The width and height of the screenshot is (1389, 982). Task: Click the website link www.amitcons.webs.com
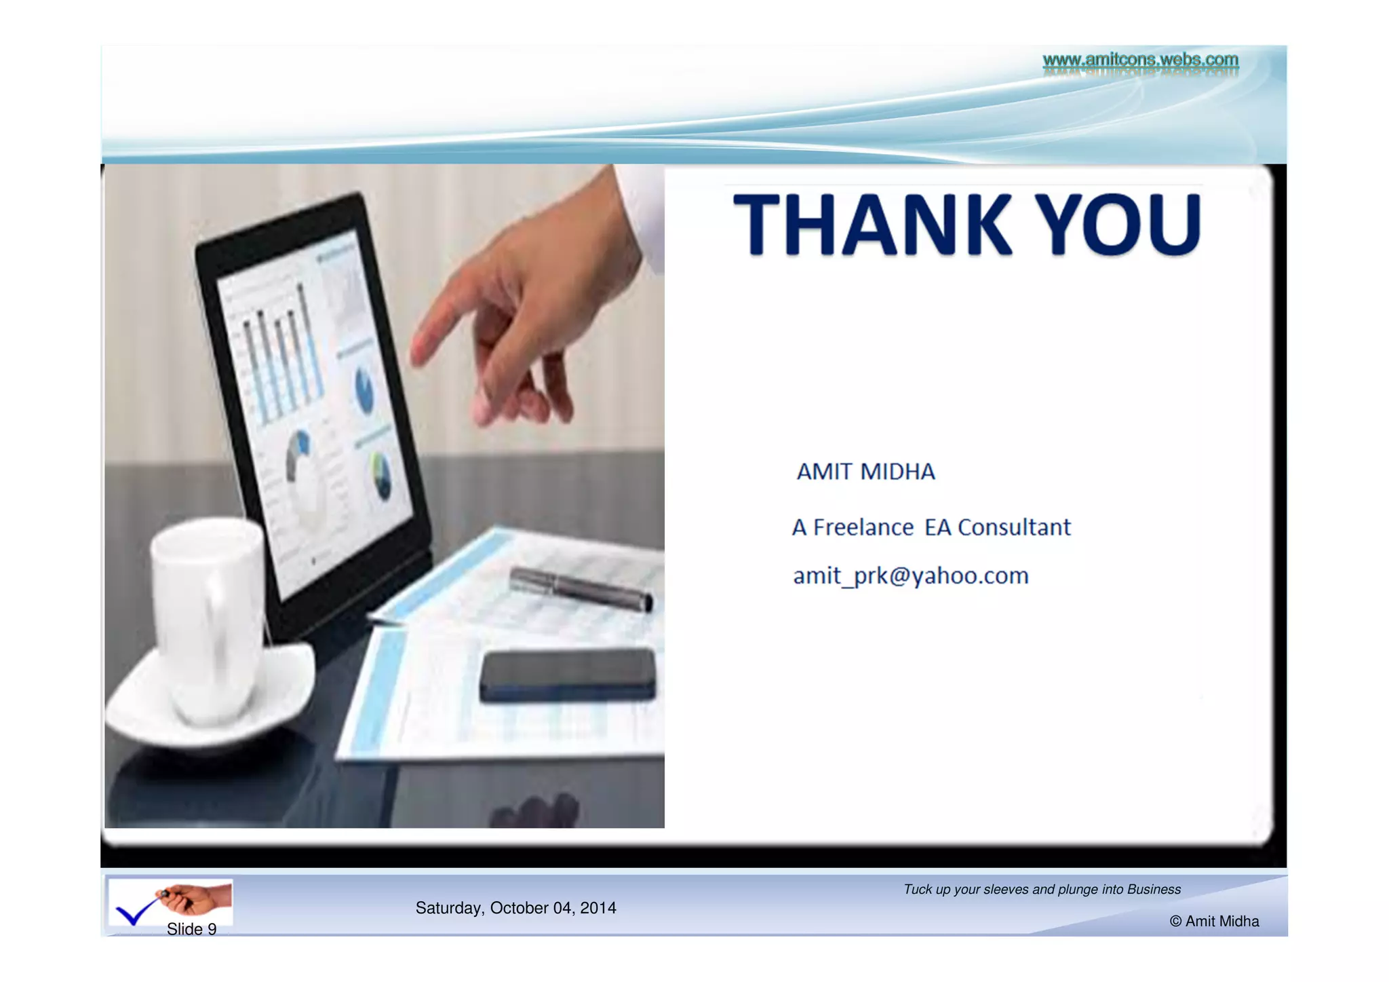(x=1140, y=60)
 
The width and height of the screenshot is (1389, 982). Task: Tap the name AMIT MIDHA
(x=865, y=472)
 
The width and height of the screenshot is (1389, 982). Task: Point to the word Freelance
(x=863, y=527)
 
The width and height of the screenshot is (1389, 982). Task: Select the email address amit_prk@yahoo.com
(x=910, y=576)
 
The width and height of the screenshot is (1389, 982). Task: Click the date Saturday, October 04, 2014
(x=515, y=908)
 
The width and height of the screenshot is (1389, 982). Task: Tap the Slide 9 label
(x=191, y=929)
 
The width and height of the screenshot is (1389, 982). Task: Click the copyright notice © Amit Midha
(x=1214, y=921)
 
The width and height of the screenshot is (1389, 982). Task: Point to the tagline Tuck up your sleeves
(x=1042, y=889)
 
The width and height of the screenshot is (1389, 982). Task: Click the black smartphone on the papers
(x=568, y=675)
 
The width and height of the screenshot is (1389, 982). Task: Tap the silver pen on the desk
(x=580, y=588)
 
